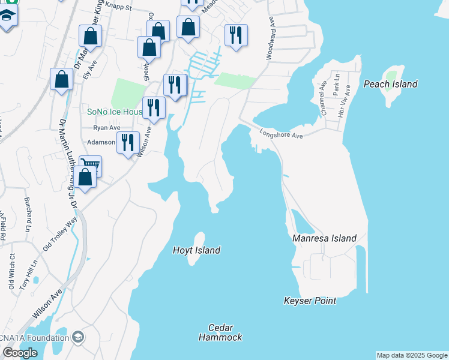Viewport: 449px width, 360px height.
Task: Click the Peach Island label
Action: click(x=390, y=84)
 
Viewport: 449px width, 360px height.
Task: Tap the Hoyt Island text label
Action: click(x=196, y=250)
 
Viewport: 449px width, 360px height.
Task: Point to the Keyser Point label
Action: click(x=310, y=301)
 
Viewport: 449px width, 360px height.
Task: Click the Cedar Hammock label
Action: click(x=220, y=332)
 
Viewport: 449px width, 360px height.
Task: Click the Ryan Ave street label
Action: click(x=106, y=128)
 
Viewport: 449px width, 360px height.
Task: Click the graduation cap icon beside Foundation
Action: click(x=77, y=337)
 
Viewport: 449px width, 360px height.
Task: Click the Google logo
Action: click(x=19, y=353)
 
